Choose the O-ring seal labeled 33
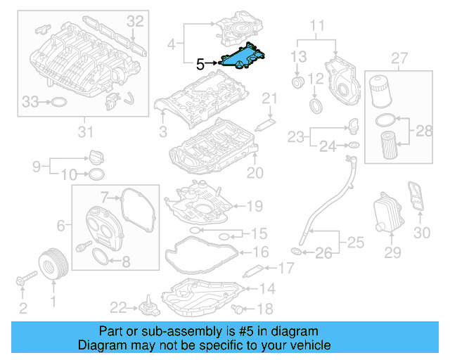click(x=61, y=103)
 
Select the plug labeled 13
click(x=298, y=84)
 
